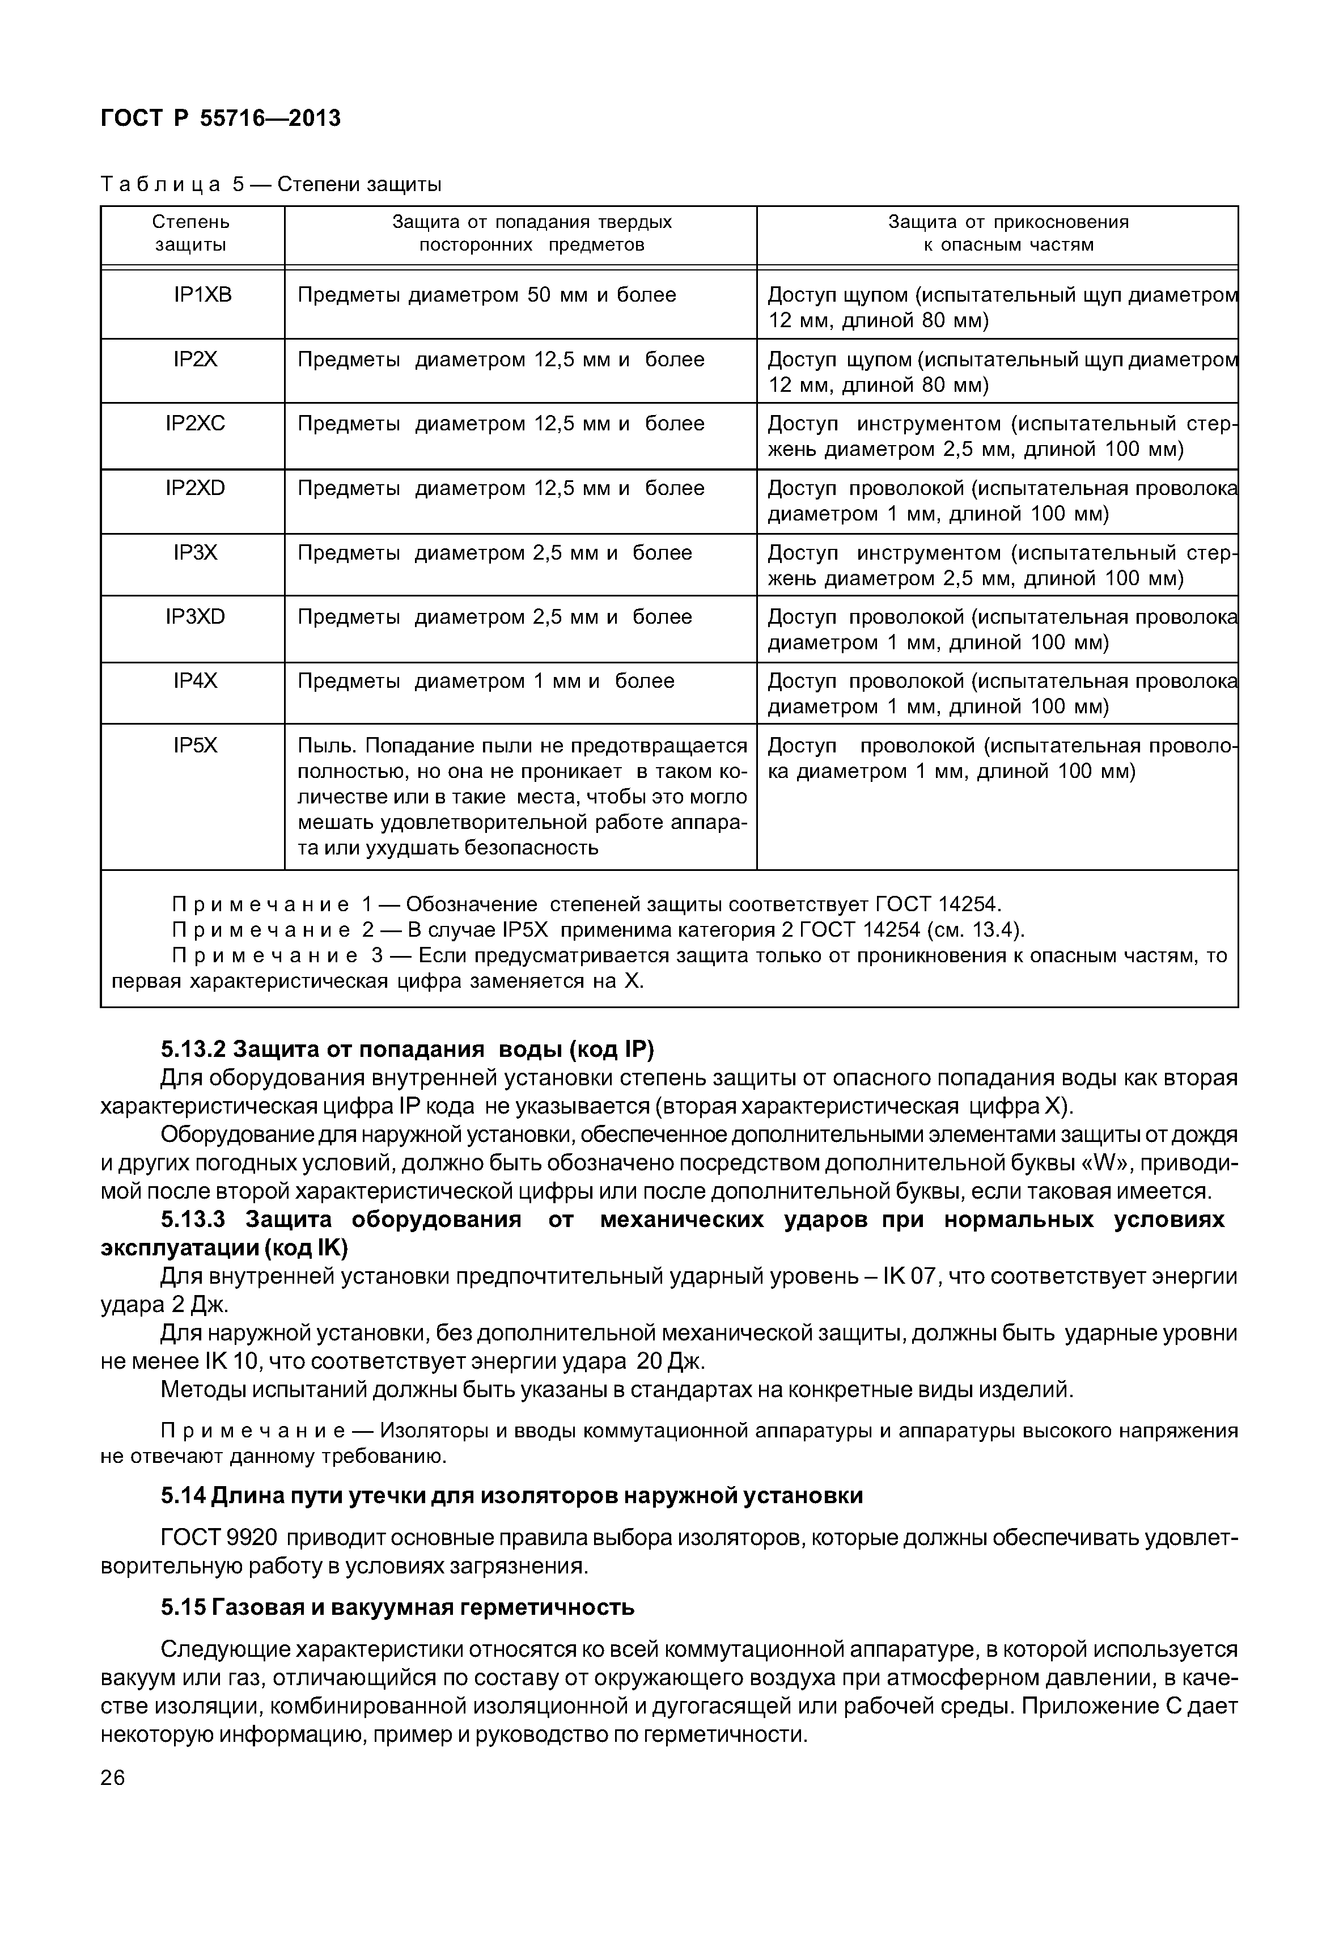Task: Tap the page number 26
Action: click(x=112, y=1778)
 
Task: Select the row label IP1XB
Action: click(x=202, y=295)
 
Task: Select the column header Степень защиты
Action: click(x=190, y=233)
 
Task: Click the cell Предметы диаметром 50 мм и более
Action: click(x=486, y=295)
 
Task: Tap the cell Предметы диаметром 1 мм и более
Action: click(x=486, y=680)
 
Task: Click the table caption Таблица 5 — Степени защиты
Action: click(x=271, y=184)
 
